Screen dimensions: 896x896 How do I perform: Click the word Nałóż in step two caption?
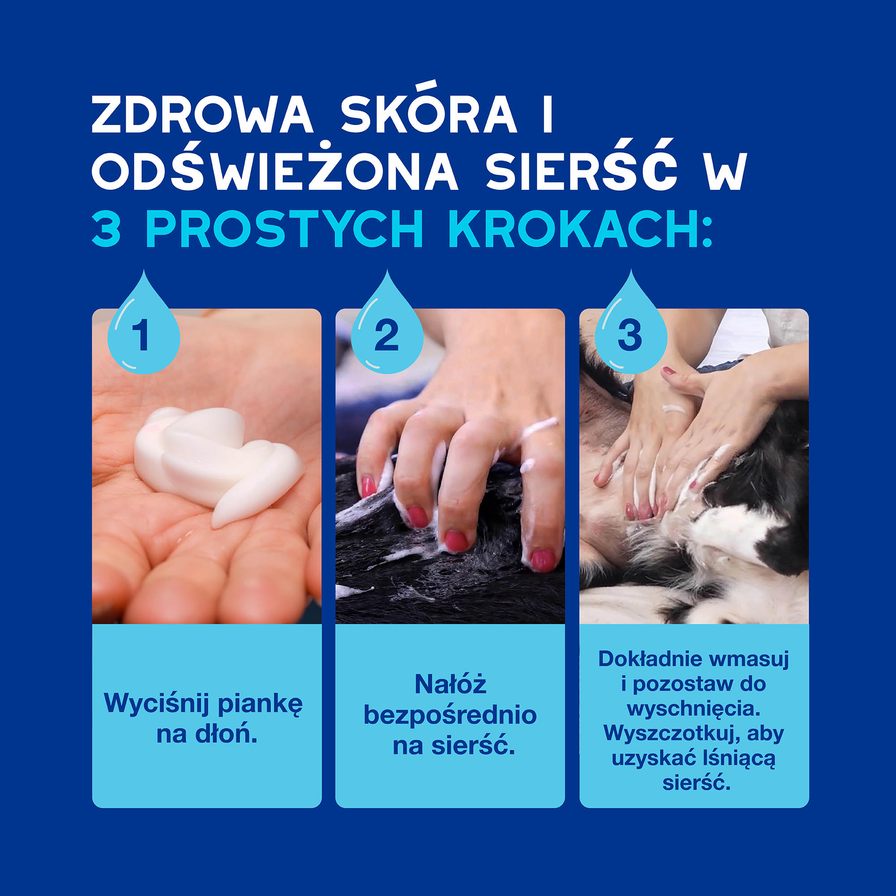pos(450,684)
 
